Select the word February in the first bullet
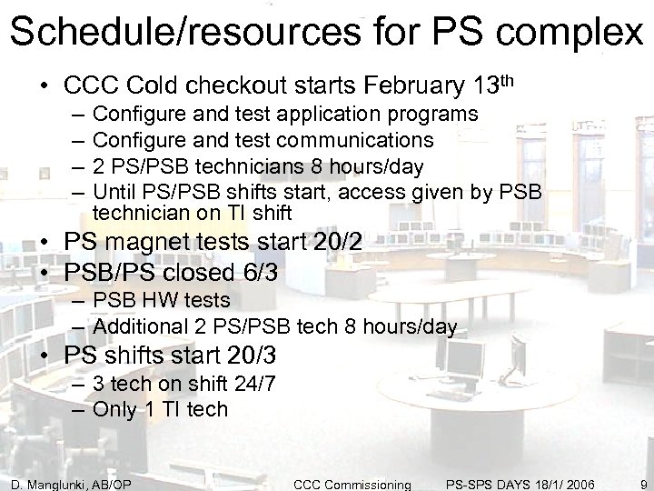click(404, 87)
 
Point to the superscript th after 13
click(510, 82)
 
